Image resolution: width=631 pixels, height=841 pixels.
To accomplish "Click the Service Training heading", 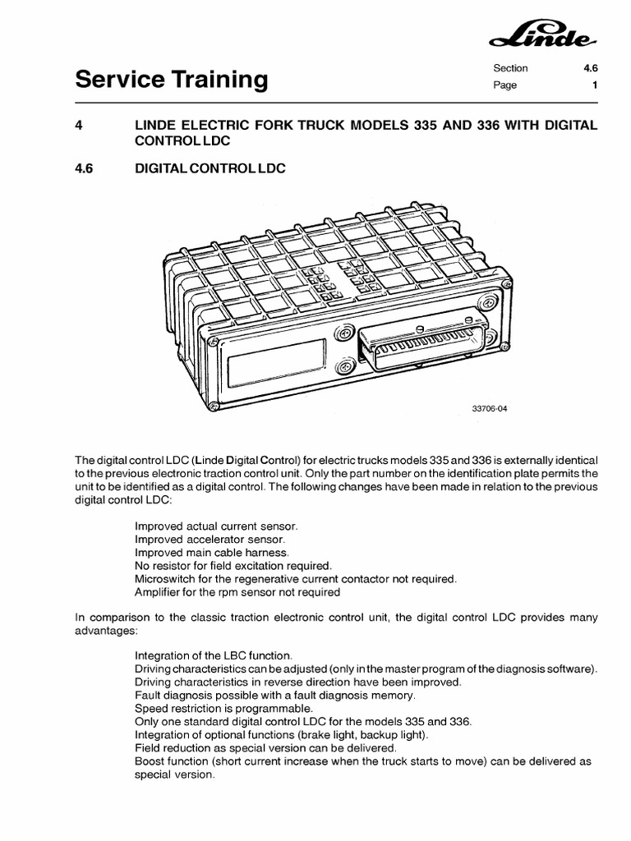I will point(172,80).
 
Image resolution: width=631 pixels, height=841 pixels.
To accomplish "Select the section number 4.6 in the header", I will point(588,68).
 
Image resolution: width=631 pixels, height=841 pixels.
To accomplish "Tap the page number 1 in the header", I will point(594,85).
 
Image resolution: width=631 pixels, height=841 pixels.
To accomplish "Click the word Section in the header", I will point(510,68).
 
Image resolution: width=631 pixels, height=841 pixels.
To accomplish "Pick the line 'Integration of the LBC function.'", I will point(213,656).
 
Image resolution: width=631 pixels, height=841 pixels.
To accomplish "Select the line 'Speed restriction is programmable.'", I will point(223,708).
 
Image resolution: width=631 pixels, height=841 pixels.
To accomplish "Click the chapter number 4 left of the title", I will point(79,124).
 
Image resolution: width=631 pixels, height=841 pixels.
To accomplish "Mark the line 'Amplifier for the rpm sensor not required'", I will point(237,591).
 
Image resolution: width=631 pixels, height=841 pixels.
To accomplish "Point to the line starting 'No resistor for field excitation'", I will point(233,565).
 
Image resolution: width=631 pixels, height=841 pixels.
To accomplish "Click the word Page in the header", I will point(504,85).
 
